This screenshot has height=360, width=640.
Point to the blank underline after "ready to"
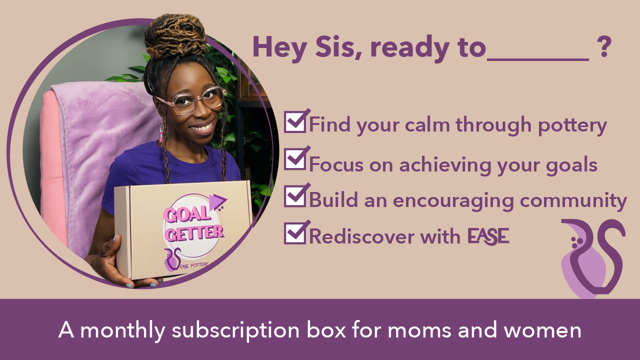click(537, 59)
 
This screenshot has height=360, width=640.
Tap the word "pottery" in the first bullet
click(572, 125)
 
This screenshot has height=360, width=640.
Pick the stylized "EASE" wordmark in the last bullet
click(488, 236)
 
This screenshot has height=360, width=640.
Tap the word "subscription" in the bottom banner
click(235, 330)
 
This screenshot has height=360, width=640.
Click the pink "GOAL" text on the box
click(186, 214)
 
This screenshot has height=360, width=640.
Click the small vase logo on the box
click(172, 259)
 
